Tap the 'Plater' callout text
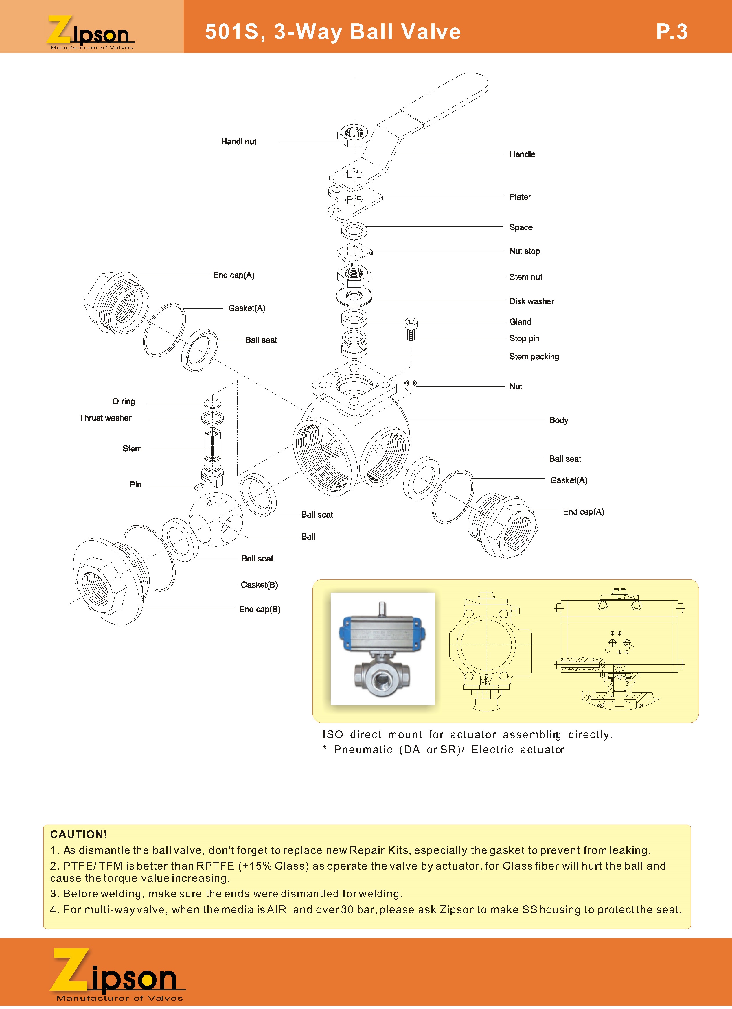click(520, 197)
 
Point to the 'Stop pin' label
click(524, 338)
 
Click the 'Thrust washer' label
click(106, 418)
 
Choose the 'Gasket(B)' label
click(259, 585)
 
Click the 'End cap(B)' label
click(260, 609)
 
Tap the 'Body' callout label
click(558, 420)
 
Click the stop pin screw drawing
click(411, 329)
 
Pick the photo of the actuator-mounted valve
click(383, 649)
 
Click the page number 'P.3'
click(672, 32)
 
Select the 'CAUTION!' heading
click(79, 834)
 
